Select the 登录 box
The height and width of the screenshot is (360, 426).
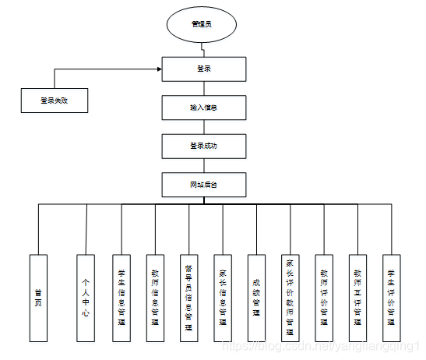click(x=204, y=69)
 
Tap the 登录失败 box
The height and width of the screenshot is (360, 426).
click(x=55, y=101)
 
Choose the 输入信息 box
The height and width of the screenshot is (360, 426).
click(x=204, y=107)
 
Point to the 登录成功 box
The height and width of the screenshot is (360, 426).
click(x=204, y=146)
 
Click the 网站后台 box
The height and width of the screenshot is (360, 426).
click(x=204, y=184)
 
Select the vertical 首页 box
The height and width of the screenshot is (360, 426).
click(x=38, y=297)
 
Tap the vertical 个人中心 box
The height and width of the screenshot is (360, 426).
click(x=86, y=297)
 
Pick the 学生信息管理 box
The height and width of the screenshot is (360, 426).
click(x=121, y=297)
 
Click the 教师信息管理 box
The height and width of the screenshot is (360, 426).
click(x=155, y=297)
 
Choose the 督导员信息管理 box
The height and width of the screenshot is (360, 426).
click(x=188, y=297)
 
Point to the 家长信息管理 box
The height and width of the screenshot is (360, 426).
click(x=223, y=297)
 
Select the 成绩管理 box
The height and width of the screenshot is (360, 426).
click(x=256, y=297)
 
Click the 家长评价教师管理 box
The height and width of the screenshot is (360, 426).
click(x=290, y=297)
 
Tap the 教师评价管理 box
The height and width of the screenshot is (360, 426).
click(x=324, y=297)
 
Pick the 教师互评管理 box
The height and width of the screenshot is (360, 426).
click(x=357, y=297)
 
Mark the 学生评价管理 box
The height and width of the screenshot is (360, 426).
click(x=391, y=297)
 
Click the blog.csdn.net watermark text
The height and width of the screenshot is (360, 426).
click(x=319, y=344)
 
